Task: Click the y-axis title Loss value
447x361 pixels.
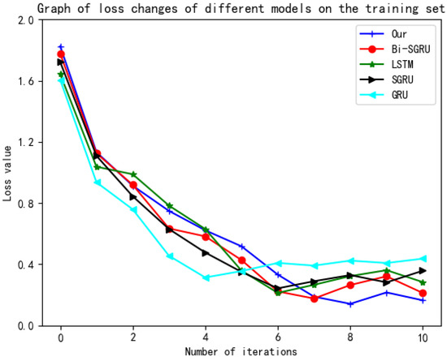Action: coord(8,173)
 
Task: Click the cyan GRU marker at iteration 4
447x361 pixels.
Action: coord(206,277)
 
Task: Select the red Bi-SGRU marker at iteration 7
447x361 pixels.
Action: coord(315,299)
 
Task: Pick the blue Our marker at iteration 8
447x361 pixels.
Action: coord(350,304)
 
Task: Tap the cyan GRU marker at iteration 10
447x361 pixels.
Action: coord(423,259)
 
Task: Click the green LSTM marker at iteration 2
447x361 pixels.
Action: coord(133,174)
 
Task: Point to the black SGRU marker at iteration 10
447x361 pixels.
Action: coord(423,271)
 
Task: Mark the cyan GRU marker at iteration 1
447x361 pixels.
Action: coord(97,183)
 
